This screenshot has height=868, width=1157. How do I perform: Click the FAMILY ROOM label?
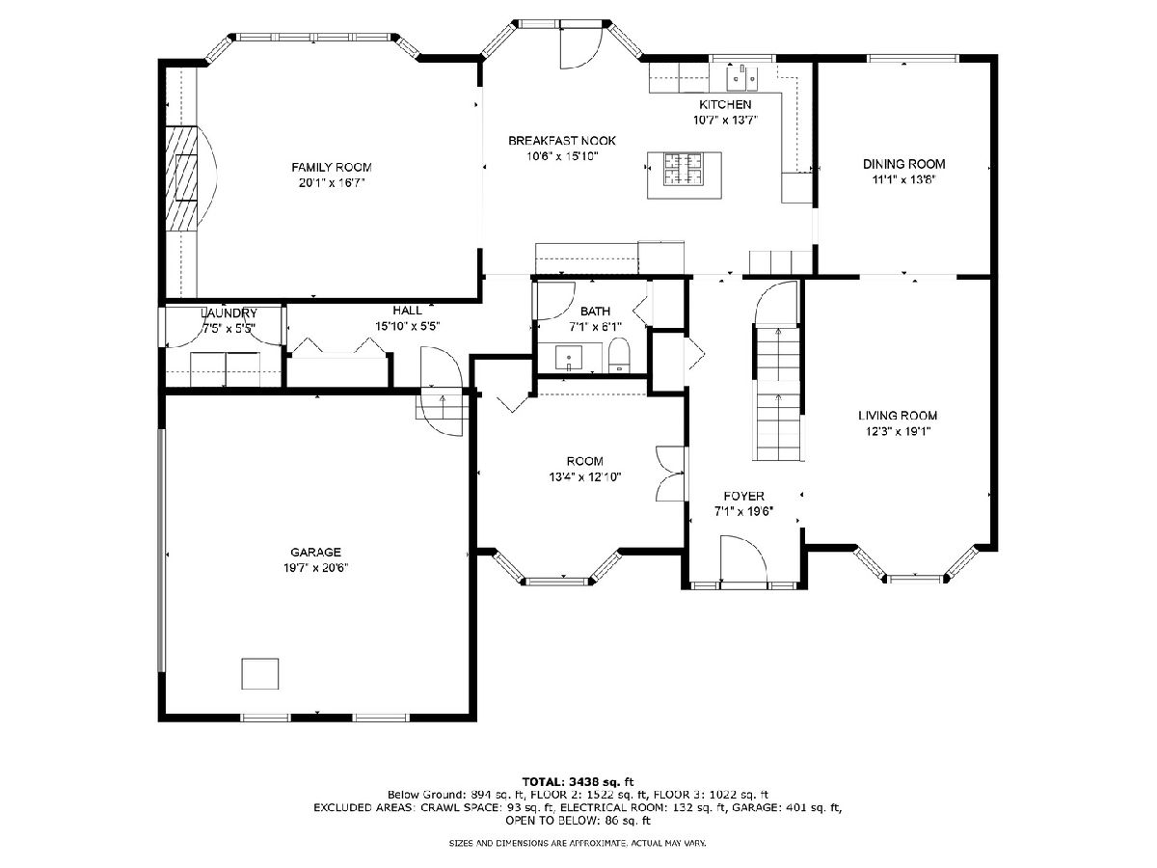point(331,168)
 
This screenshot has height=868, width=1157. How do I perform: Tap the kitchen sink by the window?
point(741,78)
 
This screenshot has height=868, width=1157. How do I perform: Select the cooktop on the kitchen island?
point(684,168)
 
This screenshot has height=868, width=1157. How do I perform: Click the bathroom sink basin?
point(568,358)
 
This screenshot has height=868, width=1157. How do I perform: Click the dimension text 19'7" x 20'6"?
point(315,568)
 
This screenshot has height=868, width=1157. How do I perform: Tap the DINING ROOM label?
point(903,164)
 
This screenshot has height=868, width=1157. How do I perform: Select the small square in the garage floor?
point(260,673)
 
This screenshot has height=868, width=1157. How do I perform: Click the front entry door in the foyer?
point(743,559)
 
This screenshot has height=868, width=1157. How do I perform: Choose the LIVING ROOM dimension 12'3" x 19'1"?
point(898,432)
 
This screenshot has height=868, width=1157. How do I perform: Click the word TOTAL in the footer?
point(541,781)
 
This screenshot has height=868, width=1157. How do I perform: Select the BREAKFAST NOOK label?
point(562,141)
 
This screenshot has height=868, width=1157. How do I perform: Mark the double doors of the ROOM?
point(669,474)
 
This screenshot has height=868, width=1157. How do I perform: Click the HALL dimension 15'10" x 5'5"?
point(408,326)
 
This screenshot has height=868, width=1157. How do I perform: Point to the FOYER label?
point(743,496)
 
